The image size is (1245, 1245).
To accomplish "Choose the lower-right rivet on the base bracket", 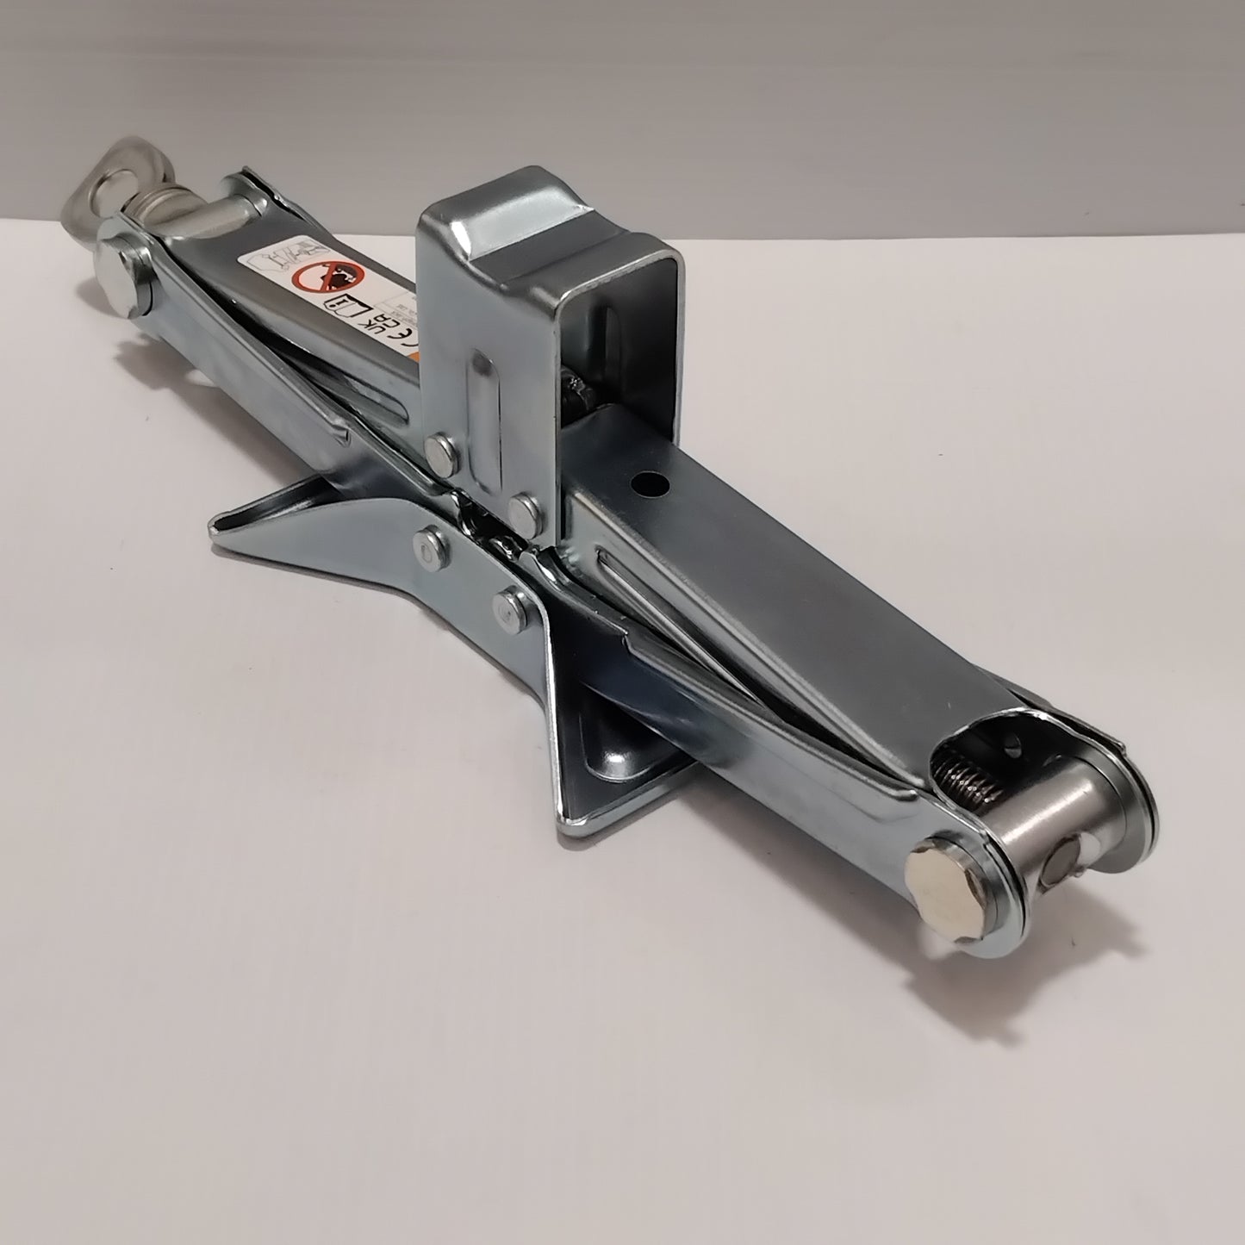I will click(x=510, y=600).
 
